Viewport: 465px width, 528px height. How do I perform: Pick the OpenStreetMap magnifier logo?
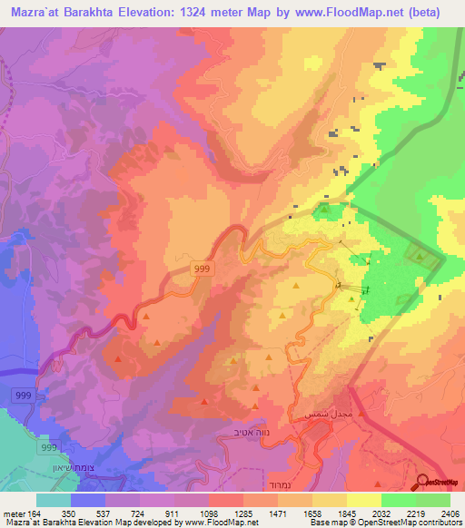click(424, 482)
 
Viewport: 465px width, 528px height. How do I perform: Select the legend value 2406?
click(448, 513)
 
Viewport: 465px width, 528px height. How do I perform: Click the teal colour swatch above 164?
click(54, 500)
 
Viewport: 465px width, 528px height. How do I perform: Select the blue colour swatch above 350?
click(88, 500)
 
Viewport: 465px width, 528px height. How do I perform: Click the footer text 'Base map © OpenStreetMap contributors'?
click(384, 523)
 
